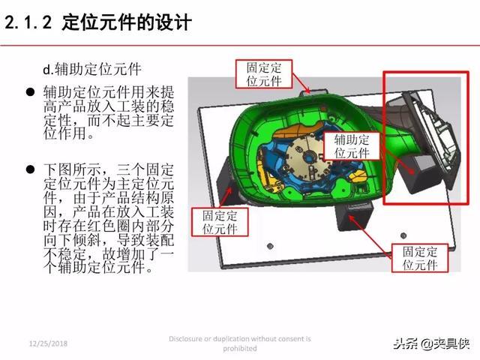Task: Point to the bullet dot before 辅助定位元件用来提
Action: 30,92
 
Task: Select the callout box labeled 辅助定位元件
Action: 352,145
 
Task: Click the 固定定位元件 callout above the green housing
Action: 265,73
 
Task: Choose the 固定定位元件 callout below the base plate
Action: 419,259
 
